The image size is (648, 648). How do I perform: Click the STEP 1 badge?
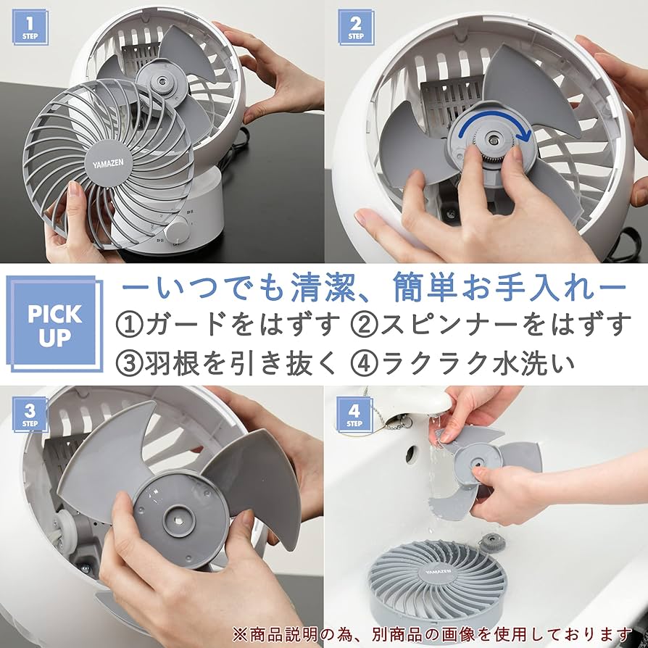click(30, 28)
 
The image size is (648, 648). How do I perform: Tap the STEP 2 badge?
click(355, 28)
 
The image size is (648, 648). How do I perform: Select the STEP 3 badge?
click(30, 415)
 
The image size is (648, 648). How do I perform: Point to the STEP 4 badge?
click(354, 415)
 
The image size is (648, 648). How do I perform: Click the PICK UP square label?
click(54, 324)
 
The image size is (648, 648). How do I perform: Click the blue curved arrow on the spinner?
click(496, 131)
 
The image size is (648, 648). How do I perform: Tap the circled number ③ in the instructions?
click(129, 363)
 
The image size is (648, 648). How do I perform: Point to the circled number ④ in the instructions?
click(364, 363)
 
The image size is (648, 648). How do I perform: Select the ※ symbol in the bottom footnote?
click(241, 634)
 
